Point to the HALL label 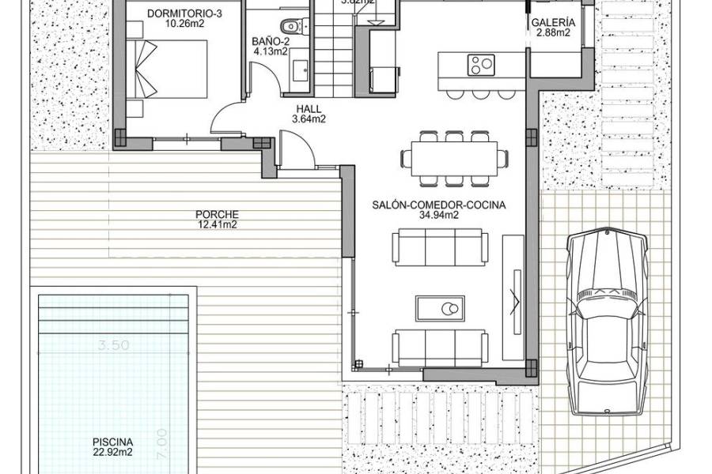point(309,110)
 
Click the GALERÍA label point(553,23)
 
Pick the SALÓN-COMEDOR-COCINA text point(439,205)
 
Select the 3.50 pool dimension point(114,345)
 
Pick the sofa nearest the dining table point(439,247)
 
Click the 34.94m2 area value point(439,215)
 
